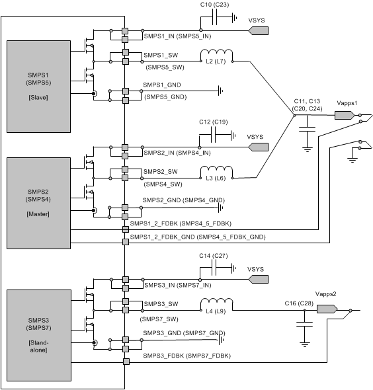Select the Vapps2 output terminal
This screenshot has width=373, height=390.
[327, 309]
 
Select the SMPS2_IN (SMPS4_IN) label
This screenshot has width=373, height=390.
[177, 153]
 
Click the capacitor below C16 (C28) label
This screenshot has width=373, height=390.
[304, 325]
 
